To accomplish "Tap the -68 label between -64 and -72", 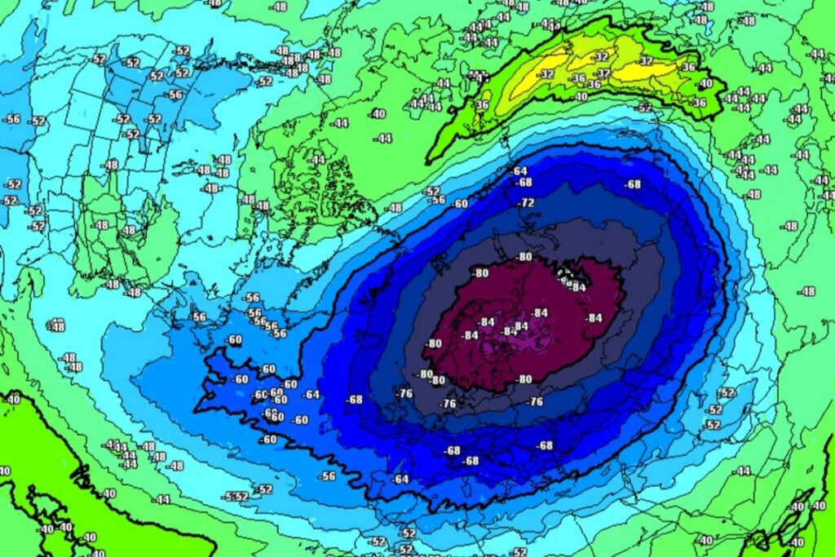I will pos(524,183).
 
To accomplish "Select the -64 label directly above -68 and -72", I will pos(519,170).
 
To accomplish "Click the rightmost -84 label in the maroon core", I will pos(594,317).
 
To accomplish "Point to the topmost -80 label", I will pos(525,257).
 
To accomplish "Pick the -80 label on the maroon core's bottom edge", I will pos(524,378).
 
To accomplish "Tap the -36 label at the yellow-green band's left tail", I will pos(481,104).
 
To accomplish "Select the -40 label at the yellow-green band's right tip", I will pos(705,83).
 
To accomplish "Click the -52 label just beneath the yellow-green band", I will pos(645,108).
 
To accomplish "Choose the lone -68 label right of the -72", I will pos(633,184).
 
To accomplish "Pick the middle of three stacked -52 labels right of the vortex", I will pos(714,409).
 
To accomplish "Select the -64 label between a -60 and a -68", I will pos(311,396).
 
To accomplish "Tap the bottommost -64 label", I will pos(400,479).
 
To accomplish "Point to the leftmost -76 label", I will pos(404,393).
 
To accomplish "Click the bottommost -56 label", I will pos(328,475).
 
